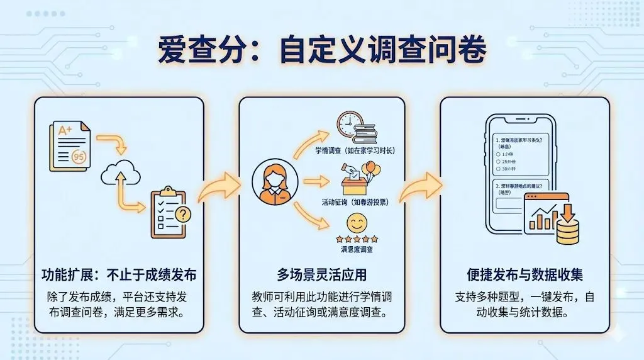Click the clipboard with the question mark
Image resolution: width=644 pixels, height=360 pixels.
(169, 212)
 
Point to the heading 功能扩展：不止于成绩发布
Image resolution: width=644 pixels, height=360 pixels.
(119, 275)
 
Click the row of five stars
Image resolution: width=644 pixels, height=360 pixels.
(357, 239)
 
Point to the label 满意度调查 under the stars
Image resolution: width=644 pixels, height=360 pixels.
(357, 250)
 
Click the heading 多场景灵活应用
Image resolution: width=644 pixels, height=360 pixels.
(321, 275)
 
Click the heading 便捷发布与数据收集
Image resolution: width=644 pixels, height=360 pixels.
(525, 275)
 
